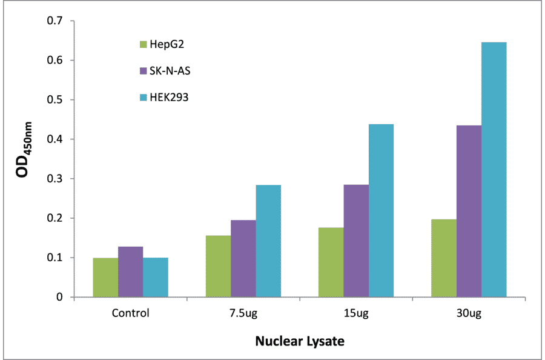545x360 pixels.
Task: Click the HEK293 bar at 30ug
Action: coord(494,170)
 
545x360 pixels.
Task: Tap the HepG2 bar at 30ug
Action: coord(444,258)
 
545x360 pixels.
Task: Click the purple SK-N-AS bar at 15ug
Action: coord(356,241)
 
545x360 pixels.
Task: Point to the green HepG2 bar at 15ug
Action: coord(331,262)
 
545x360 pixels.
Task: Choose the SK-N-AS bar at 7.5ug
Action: coord(243,258)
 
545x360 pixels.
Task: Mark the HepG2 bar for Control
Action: coord(105,277)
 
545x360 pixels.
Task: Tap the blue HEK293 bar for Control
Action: coord(156,277)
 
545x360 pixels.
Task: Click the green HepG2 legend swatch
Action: coord(143,44)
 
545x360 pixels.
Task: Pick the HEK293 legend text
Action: coord(169,97)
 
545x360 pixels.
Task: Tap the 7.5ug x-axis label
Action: coord(243,314)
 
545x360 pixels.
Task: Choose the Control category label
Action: coord(130,314)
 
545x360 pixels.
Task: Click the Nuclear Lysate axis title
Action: coord(299,341)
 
